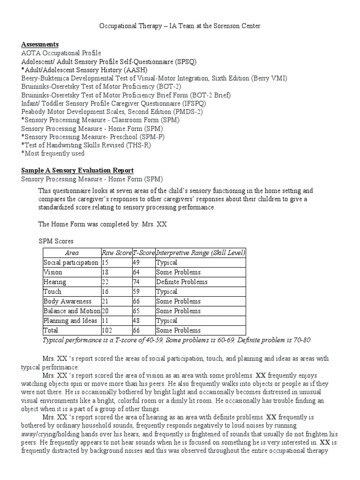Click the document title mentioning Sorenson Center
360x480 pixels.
point(180,26)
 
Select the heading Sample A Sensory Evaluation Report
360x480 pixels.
point(77,170)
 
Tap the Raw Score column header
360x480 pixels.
point(117,253)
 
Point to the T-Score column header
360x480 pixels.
point(143,253)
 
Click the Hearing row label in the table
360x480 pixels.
point(55,282)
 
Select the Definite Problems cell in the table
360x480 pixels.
point(182,282)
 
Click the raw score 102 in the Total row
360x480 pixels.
point(107,330)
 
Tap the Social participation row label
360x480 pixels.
point(71,262)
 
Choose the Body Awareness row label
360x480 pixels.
point(67,301)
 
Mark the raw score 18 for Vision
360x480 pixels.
point(105,272)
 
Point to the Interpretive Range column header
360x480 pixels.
point(200,253)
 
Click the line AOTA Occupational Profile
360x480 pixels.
point(61,53)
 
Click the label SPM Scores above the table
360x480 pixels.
point(56,241)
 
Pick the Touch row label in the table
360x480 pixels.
point(52,292)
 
